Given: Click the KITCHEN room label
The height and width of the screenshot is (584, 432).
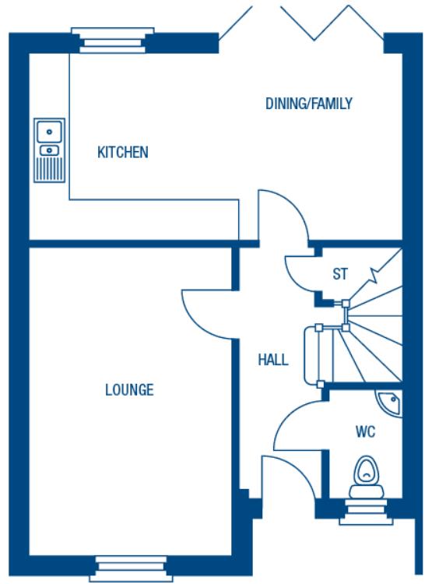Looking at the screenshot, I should pos(122,152).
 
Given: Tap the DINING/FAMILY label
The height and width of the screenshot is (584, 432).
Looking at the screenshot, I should pos(309,103).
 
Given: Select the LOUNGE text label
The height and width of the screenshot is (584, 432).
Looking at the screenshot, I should pos(129,389).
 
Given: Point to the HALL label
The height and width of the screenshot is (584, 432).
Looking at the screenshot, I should pos(273,360).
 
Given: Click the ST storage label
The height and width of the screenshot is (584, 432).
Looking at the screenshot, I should pos(339,274).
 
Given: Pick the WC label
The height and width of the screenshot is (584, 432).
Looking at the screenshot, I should pos(366,431).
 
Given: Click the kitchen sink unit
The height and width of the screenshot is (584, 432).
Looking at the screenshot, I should pos(48,150).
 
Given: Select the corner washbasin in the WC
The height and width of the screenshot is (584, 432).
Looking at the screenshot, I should pos(389,402).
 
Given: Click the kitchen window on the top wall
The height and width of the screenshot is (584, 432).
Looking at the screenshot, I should pos(109,39).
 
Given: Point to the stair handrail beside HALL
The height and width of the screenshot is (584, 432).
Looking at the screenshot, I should pos(318,355).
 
